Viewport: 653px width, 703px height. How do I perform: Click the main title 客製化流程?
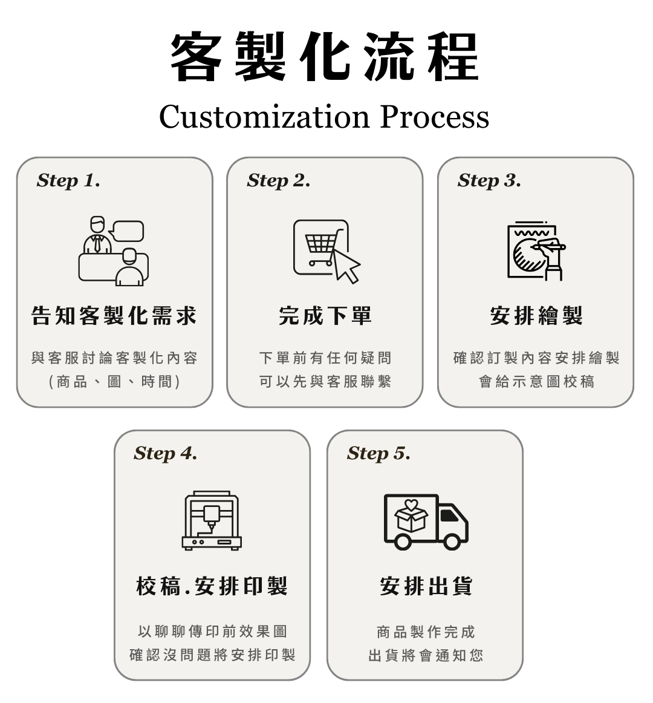[325, 57]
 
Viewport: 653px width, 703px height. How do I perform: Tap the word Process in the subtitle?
[434, 116]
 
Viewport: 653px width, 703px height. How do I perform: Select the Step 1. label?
[68, 180]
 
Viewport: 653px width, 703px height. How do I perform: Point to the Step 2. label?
[279, 180]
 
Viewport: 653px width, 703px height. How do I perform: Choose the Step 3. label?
[489, 180]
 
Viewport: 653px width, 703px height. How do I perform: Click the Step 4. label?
[166, 453]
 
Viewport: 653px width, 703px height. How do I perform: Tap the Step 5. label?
[378, 453]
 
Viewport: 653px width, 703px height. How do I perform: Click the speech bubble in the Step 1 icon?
[127, 231]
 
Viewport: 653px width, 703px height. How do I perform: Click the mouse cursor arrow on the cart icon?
[346, 265]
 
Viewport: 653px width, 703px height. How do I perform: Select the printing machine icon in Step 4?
[212, 520]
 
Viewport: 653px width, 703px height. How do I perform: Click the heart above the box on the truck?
[411, 505]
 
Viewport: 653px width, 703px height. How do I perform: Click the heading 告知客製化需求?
[114, 316]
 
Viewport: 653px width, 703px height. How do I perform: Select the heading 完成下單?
[325, 316]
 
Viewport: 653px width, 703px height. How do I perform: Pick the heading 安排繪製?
[536, 316]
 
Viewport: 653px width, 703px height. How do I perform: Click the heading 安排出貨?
[426, 586]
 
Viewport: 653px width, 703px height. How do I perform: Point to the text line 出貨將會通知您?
[426, 655]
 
